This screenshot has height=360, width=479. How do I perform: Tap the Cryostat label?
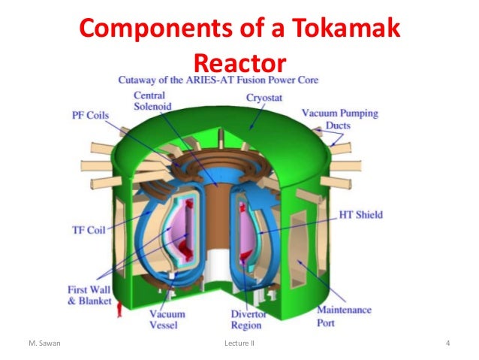264,98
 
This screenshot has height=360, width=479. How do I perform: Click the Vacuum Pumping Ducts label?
339,119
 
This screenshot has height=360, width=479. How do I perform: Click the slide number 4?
447,345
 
